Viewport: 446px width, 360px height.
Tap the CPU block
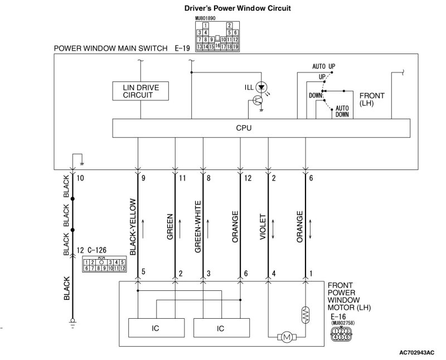coord(244,128)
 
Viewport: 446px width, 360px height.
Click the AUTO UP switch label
coord(324,66)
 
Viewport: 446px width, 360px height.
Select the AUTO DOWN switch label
coord(342,111)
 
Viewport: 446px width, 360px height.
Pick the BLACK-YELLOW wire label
coord(133,227)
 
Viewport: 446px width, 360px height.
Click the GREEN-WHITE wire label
coord(198,227)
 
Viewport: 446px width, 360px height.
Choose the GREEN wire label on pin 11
coord(170,227)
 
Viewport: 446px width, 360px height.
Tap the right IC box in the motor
coord(221,328)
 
